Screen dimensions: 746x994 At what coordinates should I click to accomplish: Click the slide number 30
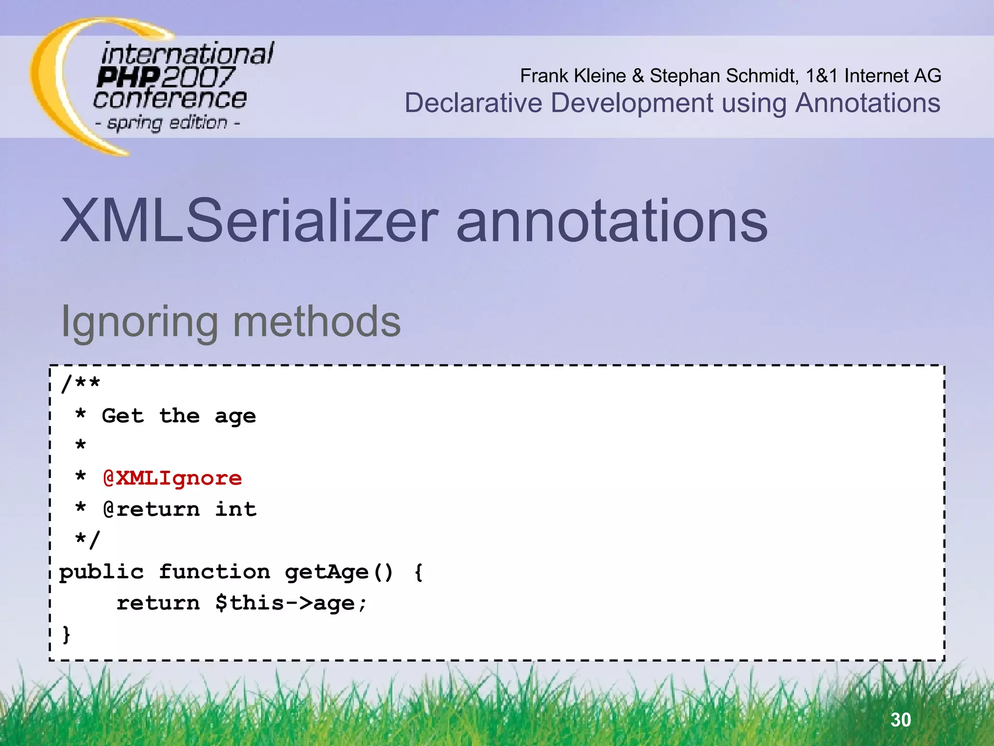coord(901,719)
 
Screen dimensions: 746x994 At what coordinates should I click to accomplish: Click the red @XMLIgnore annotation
coord(172,478)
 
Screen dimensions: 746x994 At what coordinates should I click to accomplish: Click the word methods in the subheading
coord(317,322)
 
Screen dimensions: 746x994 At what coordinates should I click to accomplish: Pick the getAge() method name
coord(338,572)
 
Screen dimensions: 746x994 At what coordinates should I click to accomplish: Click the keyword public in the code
coord(101,572)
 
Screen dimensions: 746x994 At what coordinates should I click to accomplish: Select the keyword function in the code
coord(215,572)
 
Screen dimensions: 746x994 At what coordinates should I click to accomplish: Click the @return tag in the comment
coord(151,509)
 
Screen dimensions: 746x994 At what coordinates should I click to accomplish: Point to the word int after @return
coord(236,509)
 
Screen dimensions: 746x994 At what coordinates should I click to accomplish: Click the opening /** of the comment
coord(81,384)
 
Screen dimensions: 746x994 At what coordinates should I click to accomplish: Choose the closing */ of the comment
coord(87,540)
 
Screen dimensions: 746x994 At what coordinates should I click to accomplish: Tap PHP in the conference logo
coord(128,77)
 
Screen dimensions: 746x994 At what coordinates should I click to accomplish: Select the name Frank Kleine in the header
coord(573,76)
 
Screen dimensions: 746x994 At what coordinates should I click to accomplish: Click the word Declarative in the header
coord(473,103)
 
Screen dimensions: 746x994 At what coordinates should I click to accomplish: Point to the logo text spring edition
coord(167,123)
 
